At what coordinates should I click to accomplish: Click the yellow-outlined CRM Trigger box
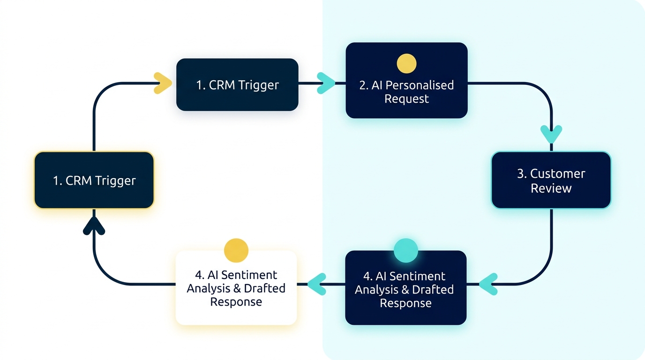click(94, 180)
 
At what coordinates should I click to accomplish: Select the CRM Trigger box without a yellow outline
click(237, 85)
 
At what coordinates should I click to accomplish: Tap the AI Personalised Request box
click(406, 81)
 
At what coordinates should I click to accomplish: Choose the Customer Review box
click(551, 180)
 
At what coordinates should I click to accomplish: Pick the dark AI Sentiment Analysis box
click(405, 288)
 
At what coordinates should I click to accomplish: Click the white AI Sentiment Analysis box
click(236, 288)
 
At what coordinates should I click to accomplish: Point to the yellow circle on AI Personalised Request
click(406, 63)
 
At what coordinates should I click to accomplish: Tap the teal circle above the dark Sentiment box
click(405, 250)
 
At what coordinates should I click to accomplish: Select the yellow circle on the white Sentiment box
click(236, 250)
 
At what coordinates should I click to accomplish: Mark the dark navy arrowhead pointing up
click(94, 226)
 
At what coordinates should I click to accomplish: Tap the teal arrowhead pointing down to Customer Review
click(551, 134)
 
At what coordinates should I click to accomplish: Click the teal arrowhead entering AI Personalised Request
click(326, 83)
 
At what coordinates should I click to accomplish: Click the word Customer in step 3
click(557, 173)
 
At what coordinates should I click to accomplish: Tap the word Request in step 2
click(406, 99)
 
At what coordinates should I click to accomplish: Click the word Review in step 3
click(551, 188)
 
